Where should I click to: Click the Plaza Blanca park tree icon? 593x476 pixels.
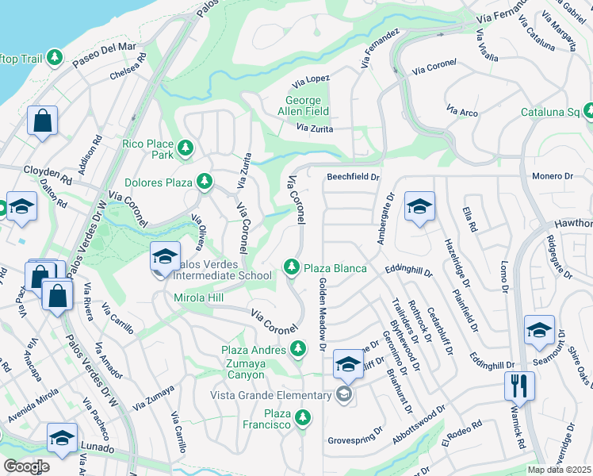[293, 268]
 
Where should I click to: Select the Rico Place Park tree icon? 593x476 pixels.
[185, 147]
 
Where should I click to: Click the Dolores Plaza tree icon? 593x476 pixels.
[205, 182]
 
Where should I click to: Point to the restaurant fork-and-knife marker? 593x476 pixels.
[519, 386]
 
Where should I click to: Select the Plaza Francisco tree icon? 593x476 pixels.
[302, 417]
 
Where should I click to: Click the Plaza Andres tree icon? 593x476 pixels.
[298, 347]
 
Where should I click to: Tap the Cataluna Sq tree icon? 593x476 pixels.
[588, 110]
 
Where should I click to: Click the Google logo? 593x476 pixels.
[26, 466]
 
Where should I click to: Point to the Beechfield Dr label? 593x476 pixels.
[354, 177]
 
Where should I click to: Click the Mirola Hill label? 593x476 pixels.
[200, 298]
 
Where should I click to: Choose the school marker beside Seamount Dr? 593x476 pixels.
[538, 330]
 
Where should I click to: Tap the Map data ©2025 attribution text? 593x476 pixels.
[559, 470]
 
